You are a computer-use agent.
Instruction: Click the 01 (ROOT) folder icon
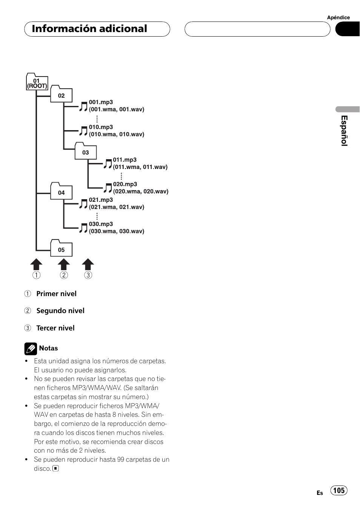[37, 82]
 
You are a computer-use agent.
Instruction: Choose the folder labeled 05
[61, 248]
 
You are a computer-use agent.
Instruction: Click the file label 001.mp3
[101, 102]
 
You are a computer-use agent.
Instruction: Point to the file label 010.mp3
[101, 127]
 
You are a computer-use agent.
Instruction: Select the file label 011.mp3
[125, 160]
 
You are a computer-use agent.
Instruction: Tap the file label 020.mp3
[125, 184]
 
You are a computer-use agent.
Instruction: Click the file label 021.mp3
[101, 200]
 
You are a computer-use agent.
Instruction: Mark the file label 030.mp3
[101, 224]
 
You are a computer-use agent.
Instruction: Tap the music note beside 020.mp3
[108, 188]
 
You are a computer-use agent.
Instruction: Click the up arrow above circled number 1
[36, 264]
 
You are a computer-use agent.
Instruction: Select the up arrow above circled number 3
[88, 264]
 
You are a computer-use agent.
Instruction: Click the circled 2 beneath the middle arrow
[64, 275]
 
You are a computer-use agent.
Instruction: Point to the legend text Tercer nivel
[55, 328]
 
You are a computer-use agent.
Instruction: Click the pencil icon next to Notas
[31, 349]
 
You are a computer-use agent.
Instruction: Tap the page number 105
[339, 490]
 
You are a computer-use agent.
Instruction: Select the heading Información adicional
[89, 29]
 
